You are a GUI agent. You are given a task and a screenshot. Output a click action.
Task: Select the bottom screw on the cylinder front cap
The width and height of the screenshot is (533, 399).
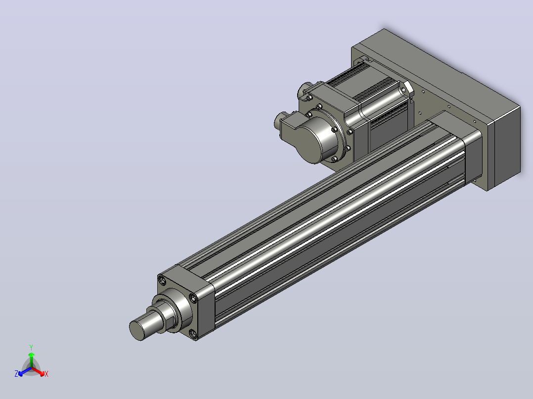pyautogui.click(x=193, y=334)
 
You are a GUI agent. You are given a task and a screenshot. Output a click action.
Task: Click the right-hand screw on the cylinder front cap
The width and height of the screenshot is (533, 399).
pyautogui.click(x=193, y=298)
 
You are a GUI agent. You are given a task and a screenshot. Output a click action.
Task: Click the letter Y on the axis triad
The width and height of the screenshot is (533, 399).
pyautogui.click(x=31, y=347)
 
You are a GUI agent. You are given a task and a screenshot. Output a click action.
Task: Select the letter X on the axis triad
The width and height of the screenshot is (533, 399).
pyautogui.click(x=46, y=374)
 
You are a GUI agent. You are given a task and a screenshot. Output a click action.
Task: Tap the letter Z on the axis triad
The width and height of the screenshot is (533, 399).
pyautogui.click(x=16, y=374)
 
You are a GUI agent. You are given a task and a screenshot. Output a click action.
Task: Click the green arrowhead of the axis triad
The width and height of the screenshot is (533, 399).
pyautogui.click(x=31, y=355)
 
